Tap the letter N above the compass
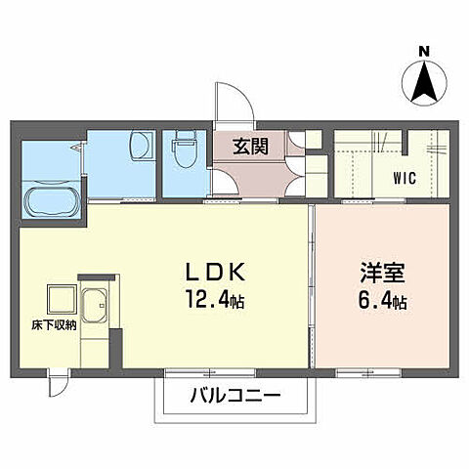[x=424, y=51]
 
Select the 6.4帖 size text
[x=375, y=302]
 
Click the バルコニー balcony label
[x=234, y=398]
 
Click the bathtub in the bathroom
[x=54, y=202]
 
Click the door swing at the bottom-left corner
[x=62, y=383]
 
